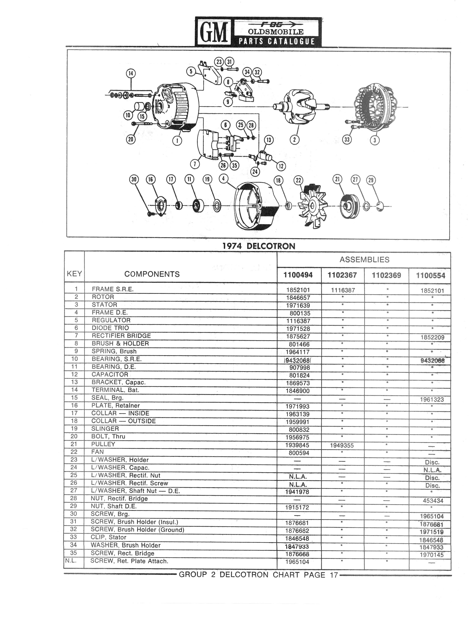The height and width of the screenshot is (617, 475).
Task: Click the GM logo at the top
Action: [x=214, y=32]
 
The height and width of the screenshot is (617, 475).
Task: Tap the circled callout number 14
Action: [x=130, y=73]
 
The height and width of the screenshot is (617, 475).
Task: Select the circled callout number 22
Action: [x=298, y=180]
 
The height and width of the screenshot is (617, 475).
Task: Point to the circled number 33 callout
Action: [x=347, y=139]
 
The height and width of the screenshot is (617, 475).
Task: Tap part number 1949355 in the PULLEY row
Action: [x=342, y=445]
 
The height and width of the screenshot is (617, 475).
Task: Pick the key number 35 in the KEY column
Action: [x=73, y=553]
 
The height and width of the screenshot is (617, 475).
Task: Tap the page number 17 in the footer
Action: [x=334, y=575]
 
